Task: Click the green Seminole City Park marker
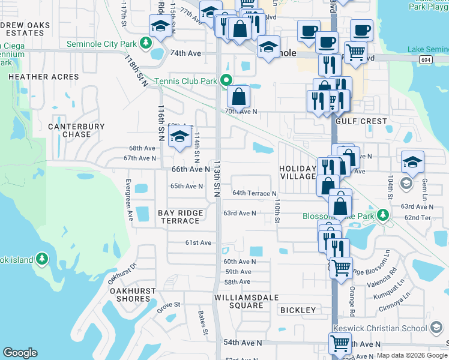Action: [x=145, y=43]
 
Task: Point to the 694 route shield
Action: [x=426, y=60]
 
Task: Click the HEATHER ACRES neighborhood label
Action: [x=43, y=77]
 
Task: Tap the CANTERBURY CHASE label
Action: [x=76, y=131]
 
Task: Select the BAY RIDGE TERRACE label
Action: [x=180, y=217]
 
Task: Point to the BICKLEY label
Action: [x=298, y=310]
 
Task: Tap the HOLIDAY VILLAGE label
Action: [x=298, y=173]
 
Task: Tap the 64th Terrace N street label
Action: [x=255, y=193]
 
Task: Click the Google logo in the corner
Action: [x=20, y=353]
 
